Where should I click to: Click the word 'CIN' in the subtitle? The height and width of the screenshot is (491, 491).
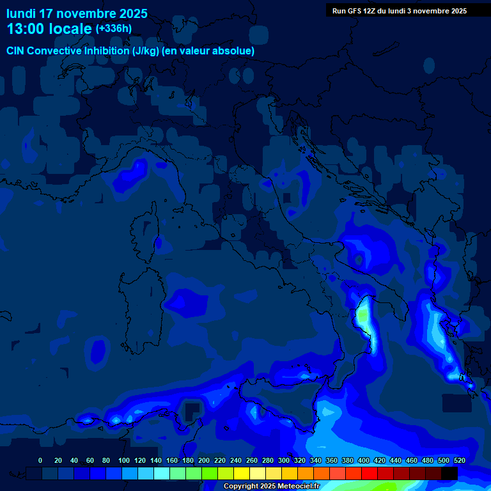17,51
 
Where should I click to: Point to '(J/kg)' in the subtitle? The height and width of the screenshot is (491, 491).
148,51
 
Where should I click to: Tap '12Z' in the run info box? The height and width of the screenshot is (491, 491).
375,11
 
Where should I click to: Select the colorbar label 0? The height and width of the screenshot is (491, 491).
40,460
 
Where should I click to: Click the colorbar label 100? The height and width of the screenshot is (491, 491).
123,460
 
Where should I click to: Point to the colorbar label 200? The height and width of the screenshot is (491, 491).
203,460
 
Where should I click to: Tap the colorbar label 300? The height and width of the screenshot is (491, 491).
283,460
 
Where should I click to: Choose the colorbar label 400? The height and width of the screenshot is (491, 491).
363,460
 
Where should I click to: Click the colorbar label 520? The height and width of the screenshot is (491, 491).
459,460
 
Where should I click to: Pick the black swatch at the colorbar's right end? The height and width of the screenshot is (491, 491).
449,473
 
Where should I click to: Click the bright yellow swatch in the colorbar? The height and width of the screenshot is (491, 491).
242,473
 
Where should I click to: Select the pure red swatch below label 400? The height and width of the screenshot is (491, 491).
370,473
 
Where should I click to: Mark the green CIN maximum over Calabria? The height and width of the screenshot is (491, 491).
363,315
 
